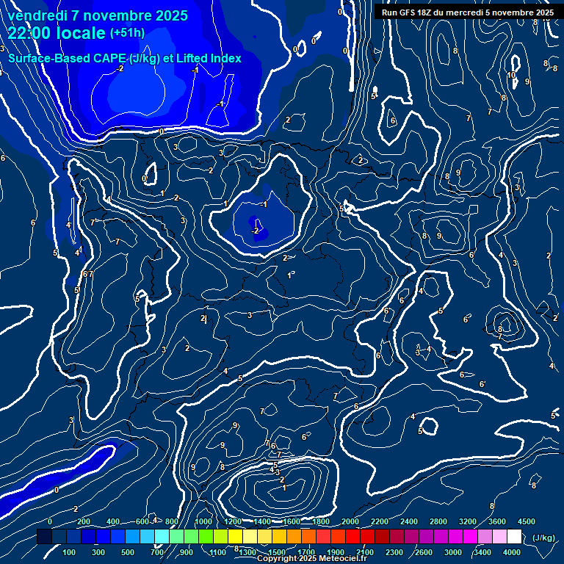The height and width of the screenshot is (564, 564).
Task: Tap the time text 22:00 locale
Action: (57, 33)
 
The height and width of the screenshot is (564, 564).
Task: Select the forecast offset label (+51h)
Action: (127, 33)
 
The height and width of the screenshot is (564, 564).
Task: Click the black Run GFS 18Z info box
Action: (468, 12)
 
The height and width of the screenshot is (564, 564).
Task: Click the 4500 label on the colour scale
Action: (526, 521)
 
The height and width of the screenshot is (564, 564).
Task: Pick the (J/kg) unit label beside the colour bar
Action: (543, 538)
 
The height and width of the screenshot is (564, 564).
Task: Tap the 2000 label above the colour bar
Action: (350, 521)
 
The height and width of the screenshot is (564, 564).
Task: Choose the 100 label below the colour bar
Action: (70, 552)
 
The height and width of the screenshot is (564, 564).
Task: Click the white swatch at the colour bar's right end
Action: (514, 537)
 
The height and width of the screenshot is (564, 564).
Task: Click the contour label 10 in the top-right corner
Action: (511, 75)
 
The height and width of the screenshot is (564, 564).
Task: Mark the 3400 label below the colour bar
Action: (482, 552)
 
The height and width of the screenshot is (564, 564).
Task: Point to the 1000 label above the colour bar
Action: (203, 521)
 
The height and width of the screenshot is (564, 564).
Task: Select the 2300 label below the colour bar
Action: (394, 552)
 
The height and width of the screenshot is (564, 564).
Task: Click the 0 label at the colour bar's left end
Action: (50, 521)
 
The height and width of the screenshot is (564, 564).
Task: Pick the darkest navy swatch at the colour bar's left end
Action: (44, 537)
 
